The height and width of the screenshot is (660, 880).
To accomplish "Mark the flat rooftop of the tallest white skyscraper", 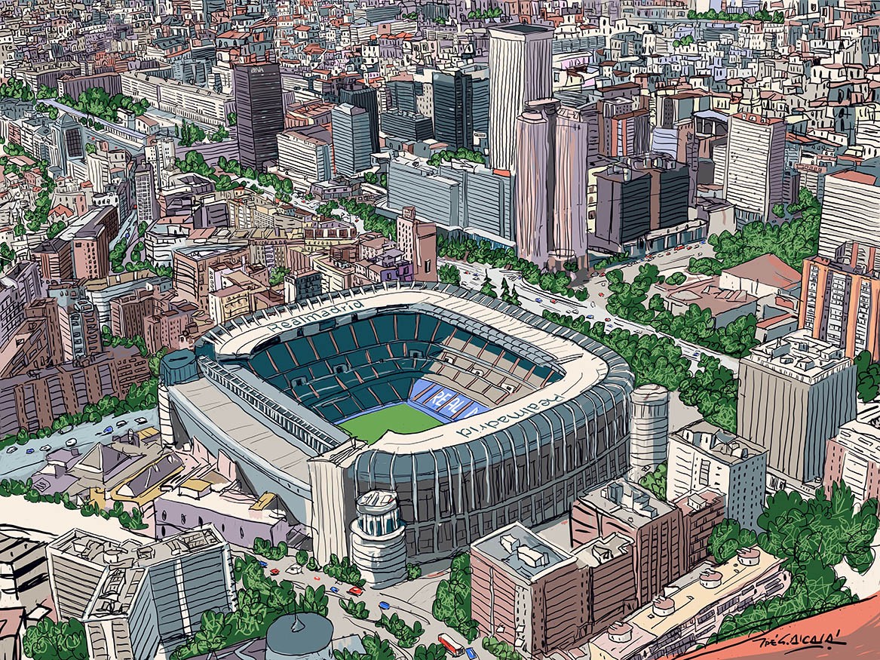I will (520, 30).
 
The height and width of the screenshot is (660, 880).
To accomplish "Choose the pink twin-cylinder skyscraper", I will (551, 181).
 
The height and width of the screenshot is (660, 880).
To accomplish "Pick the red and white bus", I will (450, 643).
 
